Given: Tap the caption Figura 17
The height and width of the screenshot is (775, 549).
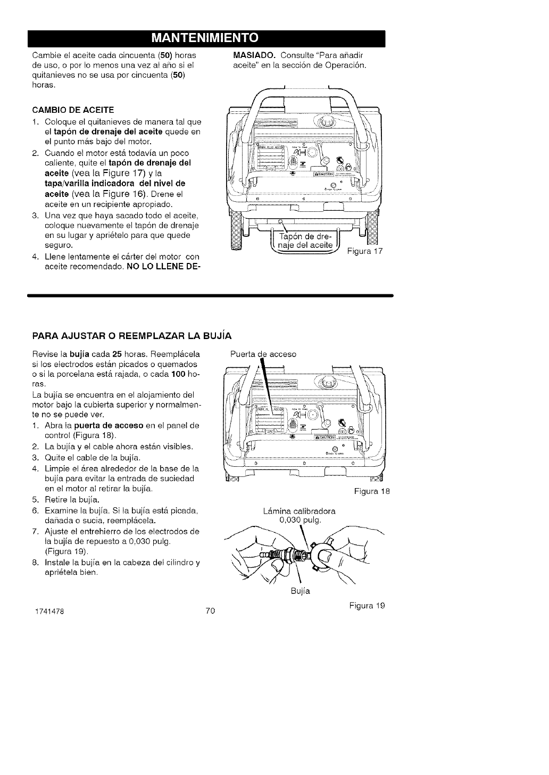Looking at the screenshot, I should pos(364,251).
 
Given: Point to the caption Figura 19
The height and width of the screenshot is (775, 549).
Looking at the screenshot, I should pos(367,606).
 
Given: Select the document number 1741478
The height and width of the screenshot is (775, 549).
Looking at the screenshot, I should pos(48,611).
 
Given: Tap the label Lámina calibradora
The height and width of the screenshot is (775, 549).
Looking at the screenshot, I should pos(300,511).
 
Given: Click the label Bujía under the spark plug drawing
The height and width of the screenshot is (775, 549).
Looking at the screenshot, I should pos(301,591).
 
